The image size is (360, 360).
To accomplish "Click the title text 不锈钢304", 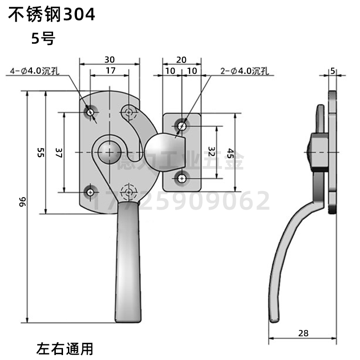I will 50,15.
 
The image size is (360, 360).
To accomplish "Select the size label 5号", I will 43,39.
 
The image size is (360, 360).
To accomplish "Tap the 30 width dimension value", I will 109,59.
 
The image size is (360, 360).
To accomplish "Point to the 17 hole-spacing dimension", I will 111,71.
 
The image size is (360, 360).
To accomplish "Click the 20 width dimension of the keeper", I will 181,59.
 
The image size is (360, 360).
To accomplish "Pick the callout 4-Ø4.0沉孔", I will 38,71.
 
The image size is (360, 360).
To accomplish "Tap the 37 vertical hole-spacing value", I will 58,153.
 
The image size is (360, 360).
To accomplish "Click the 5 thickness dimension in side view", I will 333,71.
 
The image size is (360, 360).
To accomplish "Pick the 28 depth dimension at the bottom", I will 303,333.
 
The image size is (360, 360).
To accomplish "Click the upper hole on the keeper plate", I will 182,126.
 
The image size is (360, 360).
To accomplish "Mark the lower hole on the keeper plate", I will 182,179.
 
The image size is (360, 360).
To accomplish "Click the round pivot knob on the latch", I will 107,150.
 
